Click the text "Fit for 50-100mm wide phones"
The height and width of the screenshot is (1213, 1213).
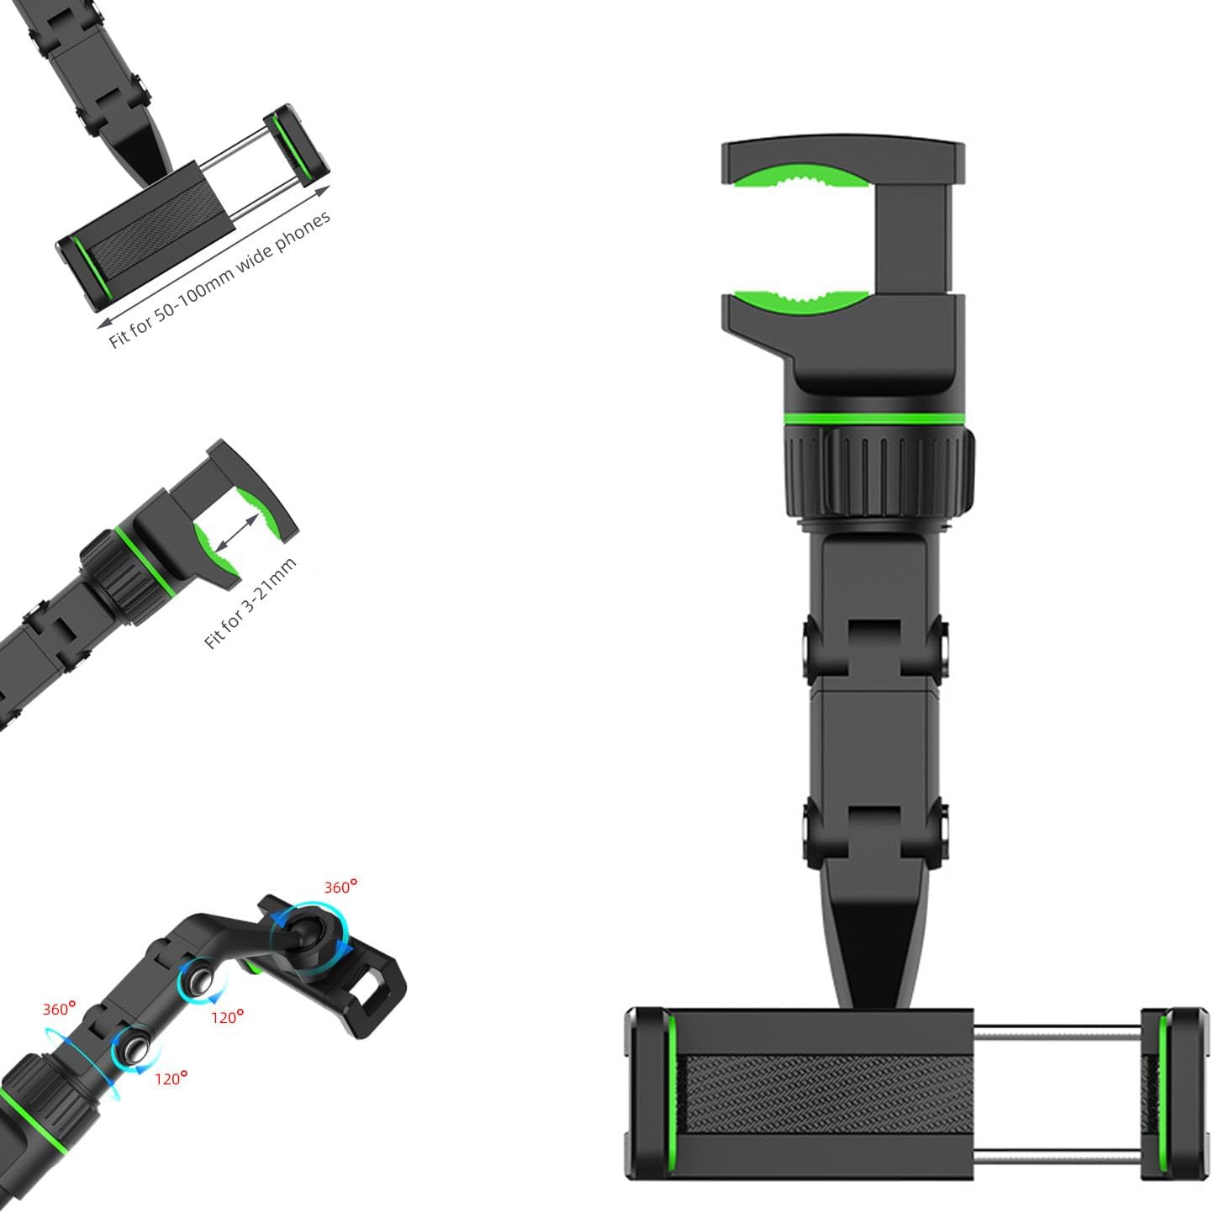[x=219, y=279]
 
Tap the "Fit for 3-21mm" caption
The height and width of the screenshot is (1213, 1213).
[x=250, y=604]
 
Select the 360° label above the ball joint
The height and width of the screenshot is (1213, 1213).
[x=340, y=887]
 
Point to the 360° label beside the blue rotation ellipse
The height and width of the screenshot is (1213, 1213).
[x=59, y=1009]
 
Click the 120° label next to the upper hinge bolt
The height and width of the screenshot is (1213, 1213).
[x=227, y=1017]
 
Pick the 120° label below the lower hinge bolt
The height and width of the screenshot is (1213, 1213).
[x=171, y=1079]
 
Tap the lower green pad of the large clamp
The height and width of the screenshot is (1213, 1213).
[x=801, y=302]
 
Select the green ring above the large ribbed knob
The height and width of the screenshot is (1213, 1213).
[x=874, y=419]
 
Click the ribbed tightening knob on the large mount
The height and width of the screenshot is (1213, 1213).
[x=880, y=472]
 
